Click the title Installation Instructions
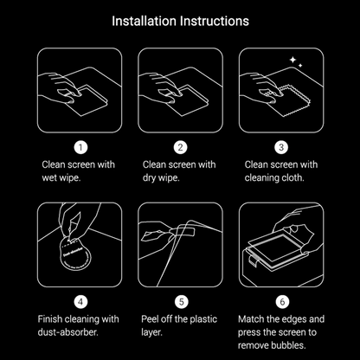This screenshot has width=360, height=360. [x=180, y=19]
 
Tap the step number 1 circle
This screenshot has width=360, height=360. [x=80, y=147]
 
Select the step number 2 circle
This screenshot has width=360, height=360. [x=180, y=147]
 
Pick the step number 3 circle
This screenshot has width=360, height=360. [x=280, y=147]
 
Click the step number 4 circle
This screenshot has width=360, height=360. [x=80, y=303]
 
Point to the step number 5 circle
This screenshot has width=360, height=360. [x=180, y=303]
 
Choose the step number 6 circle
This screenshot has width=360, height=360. [x=280, y=303]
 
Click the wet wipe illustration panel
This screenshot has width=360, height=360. [x=80, y=89]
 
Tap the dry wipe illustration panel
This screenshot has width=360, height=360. [x=180, y=89]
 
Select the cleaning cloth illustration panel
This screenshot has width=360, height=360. [x=280, y=89]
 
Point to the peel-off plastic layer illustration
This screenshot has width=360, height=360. [x=180, y=244]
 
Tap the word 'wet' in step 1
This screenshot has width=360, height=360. [x=50, y=179]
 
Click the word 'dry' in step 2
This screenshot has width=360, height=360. [x=150, y=179]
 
